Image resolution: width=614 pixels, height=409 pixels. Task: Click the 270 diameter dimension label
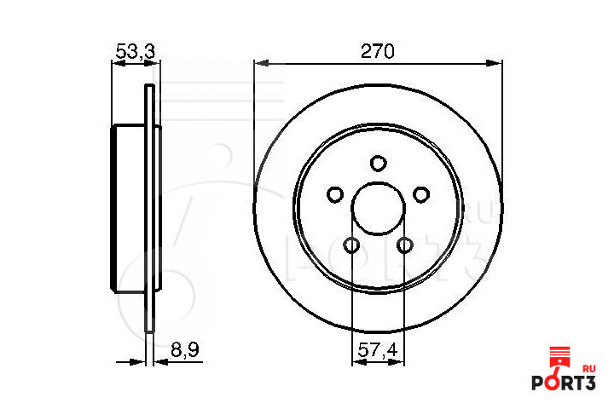coord(377,51)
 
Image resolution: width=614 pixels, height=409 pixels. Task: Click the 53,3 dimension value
coord(136,51)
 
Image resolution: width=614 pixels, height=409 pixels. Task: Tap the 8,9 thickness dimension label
coord(184,349)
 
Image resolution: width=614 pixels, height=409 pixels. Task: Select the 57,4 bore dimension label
coord(378,349)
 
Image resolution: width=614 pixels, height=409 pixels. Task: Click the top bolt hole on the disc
coord(379,164)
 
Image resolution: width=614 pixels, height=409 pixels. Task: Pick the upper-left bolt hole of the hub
coord(335,194)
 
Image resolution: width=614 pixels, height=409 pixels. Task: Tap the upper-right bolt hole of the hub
coord(421,194)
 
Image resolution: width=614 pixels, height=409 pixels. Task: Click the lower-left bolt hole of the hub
coord(351,245)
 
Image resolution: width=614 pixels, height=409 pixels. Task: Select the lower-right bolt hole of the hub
coord(404,245)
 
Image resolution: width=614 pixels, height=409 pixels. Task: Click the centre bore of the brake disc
coord(379,209)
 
